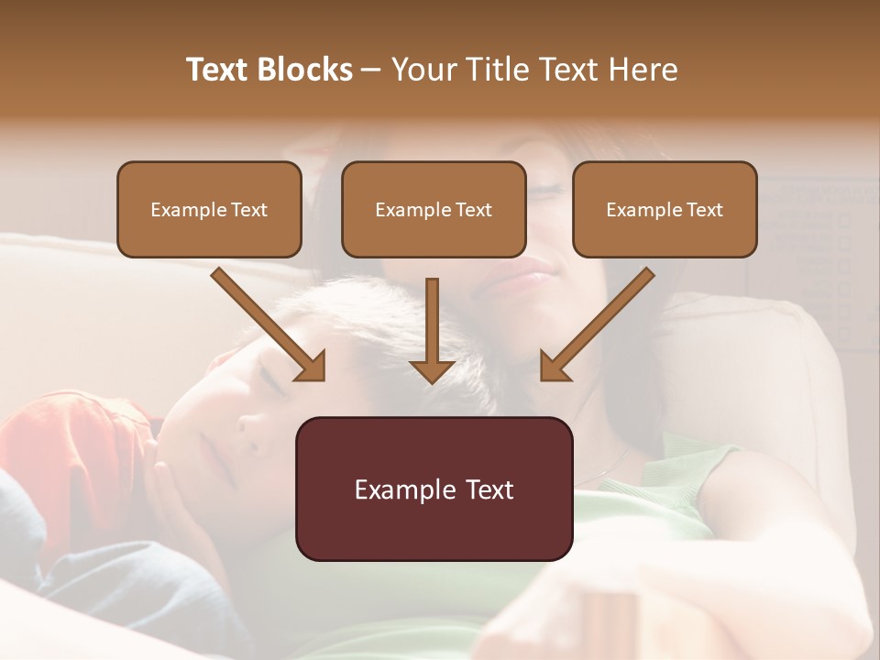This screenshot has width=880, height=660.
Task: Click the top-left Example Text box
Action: coord(209,210)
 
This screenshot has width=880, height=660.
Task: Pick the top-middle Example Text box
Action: coord(434,210)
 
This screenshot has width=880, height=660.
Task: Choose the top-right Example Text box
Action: coord(665,210)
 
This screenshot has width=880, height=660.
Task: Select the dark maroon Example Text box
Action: coord(434,489)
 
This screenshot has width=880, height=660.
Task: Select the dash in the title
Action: coord(371,70)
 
